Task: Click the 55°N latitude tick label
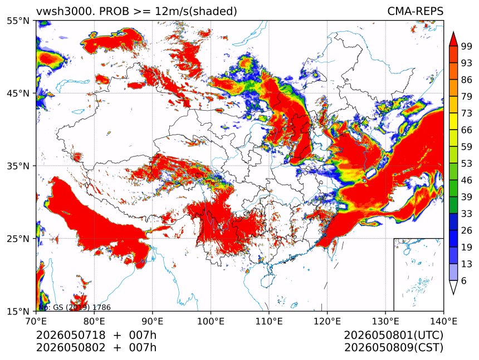(18, 21)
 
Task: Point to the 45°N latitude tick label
(18, 93)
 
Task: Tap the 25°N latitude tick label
(18, 238)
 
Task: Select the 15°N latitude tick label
(18, 311)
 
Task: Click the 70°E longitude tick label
(36, 321)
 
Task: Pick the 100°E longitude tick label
(211, 321)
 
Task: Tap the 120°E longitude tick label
(327, 321)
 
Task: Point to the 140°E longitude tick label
(443, 321)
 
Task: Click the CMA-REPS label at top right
(415, 11)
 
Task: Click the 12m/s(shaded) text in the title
(196, 12)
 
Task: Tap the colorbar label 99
(467, 46)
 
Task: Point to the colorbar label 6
(464, 280)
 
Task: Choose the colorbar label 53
(467, 164)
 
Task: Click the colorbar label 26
(467, 230)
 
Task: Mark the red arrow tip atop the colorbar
(453, 32)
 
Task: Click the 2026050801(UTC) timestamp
(393, 335)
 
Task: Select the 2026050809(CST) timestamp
(393, 348)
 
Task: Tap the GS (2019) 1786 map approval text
(82, 307)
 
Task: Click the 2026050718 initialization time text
(71, 335)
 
